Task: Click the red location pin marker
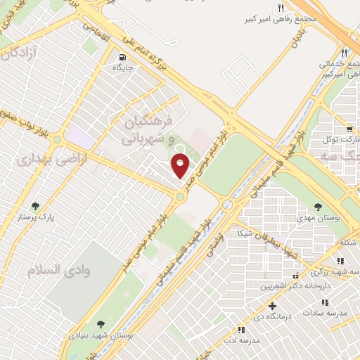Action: coord(181,166)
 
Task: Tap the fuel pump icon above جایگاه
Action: coord(123,57)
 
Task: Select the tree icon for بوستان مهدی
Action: coord(319,207)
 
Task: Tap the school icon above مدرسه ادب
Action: coord(242,329)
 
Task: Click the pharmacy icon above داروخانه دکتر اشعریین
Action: coord(295,275)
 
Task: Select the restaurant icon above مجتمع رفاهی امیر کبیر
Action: coord(281,8)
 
